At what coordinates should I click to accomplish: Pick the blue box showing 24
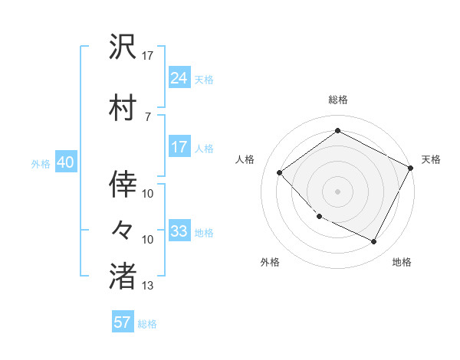tap(179, 77)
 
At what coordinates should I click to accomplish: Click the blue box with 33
tap(179, 231)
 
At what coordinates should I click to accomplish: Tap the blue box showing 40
tap(66, 162)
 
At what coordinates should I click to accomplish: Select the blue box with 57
tap(123, 322)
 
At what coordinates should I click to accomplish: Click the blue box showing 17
tap(179, 147)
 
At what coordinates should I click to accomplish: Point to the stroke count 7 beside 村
tap(148, 116)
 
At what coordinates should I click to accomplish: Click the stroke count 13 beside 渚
tap(148, 286)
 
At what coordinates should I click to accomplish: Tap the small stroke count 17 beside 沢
tap(148, 56)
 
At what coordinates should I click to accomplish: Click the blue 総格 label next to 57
tap(147, 324)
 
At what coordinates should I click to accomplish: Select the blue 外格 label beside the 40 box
tap(41, 164)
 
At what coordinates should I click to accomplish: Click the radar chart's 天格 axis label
tap(431, 159)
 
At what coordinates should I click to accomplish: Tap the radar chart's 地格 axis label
tap(402, 263)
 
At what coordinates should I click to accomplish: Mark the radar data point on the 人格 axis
tap(280, 173)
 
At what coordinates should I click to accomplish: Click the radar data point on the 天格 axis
tap(411, 169)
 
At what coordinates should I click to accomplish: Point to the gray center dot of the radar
tap(337, 191)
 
